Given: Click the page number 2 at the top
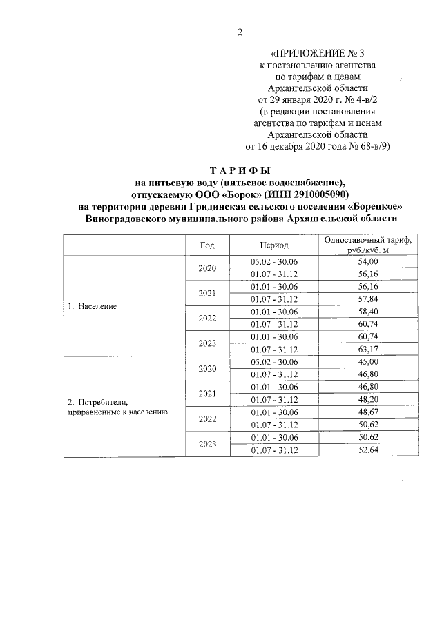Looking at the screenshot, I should click(240, 32).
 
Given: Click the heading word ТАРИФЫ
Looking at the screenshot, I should click(240, 170).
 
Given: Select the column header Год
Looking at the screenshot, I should click(207, 245).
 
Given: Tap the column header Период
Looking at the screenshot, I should click(274, 245).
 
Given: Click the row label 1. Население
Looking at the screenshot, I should click(91, 305).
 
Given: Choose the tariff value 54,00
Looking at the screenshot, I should click(367, 262).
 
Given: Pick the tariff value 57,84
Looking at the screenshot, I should click(367, 299).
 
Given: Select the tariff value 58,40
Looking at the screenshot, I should click(367, 312).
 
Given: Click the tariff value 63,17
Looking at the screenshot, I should click(367, 349).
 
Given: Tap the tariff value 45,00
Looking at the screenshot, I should click(367, 361).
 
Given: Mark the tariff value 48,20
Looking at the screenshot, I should click(367, 399).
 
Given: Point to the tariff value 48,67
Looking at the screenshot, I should click(367, 412).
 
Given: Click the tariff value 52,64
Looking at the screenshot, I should click(367, 450).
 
